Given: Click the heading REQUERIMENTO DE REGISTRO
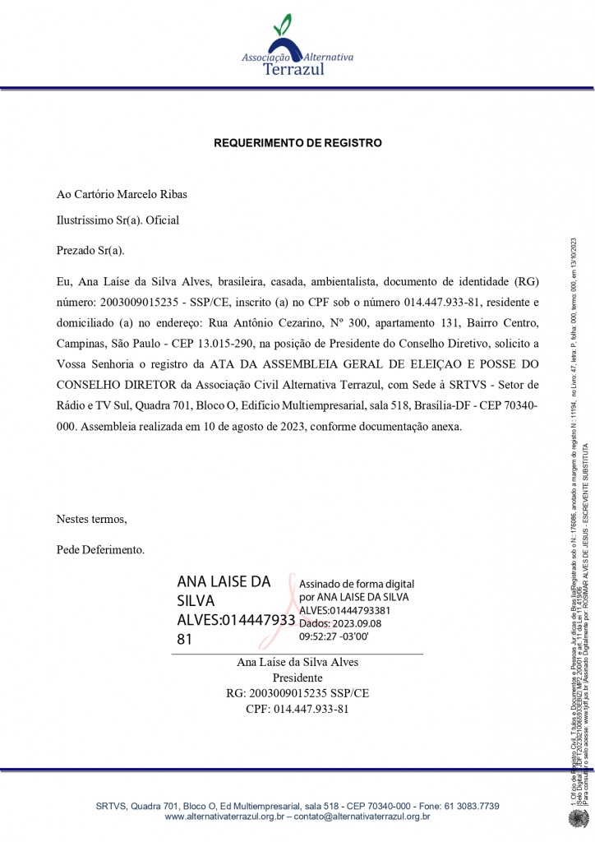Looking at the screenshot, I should pyautogui.click(x=297, y=143).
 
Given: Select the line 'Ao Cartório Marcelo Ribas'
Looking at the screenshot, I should pyautogui.click(x=122, y=195).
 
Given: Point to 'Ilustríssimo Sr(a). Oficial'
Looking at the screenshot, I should pyautogui.click(x=118, y=220).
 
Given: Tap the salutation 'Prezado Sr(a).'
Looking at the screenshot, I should pyautogui.click(x=90, y=250).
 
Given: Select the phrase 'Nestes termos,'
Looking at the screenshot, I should pyautogui.click(x=92, y=519).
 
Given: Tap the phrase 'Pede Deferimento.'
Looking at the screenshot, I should pyautogui.click(x=100, y=548).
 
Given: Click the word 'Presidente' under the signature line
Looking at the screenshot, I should pyautogui.click(x=297, y=678).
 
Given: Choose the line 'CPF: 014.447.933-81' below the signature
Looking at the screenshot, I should pyautogui.click(x=297, y=709).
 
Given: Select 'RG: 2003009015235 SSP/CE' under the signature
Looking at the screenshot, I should pyautogui.click(x=297, y=694).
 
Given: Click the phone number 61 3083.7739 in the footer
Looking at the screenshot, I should pyautogui.click(x=467, y=807).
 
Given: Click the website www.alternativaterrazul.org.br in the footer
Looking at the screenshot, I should pyautogui.click(x=224, y=817).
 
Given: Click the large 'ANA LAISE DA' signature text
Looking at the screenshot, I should pyautogui.click(x=224, y=581).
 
